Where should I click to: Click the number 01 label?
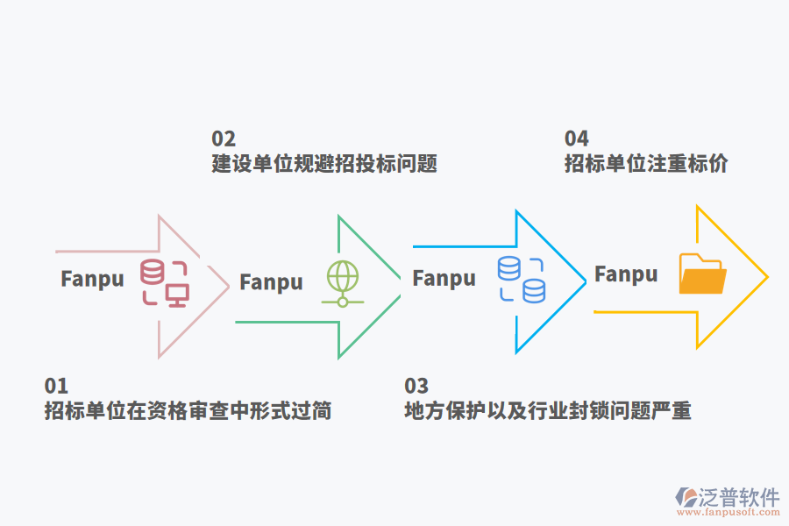click(56, 386)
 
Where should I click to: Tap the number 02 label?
click(224, 139)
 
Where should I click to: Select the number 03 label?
click(416, 386)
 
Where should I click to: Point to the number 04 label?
click(576, 139)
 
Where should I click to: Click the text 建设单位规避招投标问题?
click(323, 164)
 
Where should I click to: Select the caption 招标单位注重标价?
click(645, 164)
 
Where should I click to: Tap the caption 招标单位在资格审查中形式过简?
click(188, 410)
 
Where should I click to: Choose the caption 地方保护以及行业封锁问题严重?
click(548, 410)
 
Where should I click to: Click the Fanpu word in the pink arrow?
click(92, 279)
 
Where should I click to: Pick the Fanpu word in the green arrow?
click(271, 282)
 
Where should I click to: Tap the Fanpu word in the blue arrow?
click(444, 279)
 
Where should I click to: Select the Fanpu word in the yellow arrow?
click(626, 274)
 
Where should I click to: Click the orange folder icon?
click(703, 274)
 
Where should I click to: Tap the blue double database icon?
click(522, 279)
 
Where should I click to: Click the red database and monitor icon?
click(165, 283)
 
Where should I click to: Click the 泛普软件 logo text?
click(738, 498)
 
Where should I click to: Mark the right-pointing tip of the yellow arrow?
click(767, 277)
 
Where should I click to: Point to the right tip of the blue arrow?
click(585, 281)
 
